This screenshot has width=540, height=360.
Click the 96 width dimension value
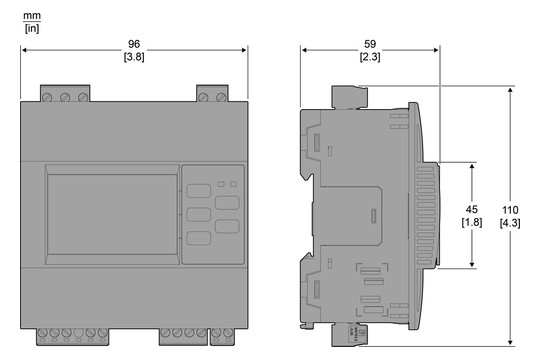(x=134, y=44)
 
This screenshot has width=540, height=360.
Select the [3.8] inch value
(x=134, y=57)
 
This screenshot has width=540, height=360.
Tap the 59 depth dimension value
(x=370, y=44)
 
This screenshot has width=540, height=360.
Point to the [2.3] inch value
(x=370, y=57)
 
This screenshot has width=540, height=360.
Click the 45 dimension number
(x=471, y=209)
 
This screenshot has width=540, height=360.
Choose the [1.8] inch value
(x=471, y=222)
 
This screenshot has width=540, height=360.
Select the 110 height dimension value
(x=510, y=210)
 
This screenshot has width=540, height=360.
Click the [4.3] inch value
(x=510, y=223)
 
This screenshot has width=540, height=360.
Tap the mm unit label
(x=32, y=16)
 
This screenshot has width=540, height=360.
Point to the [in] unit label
(x=32, y=28)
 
